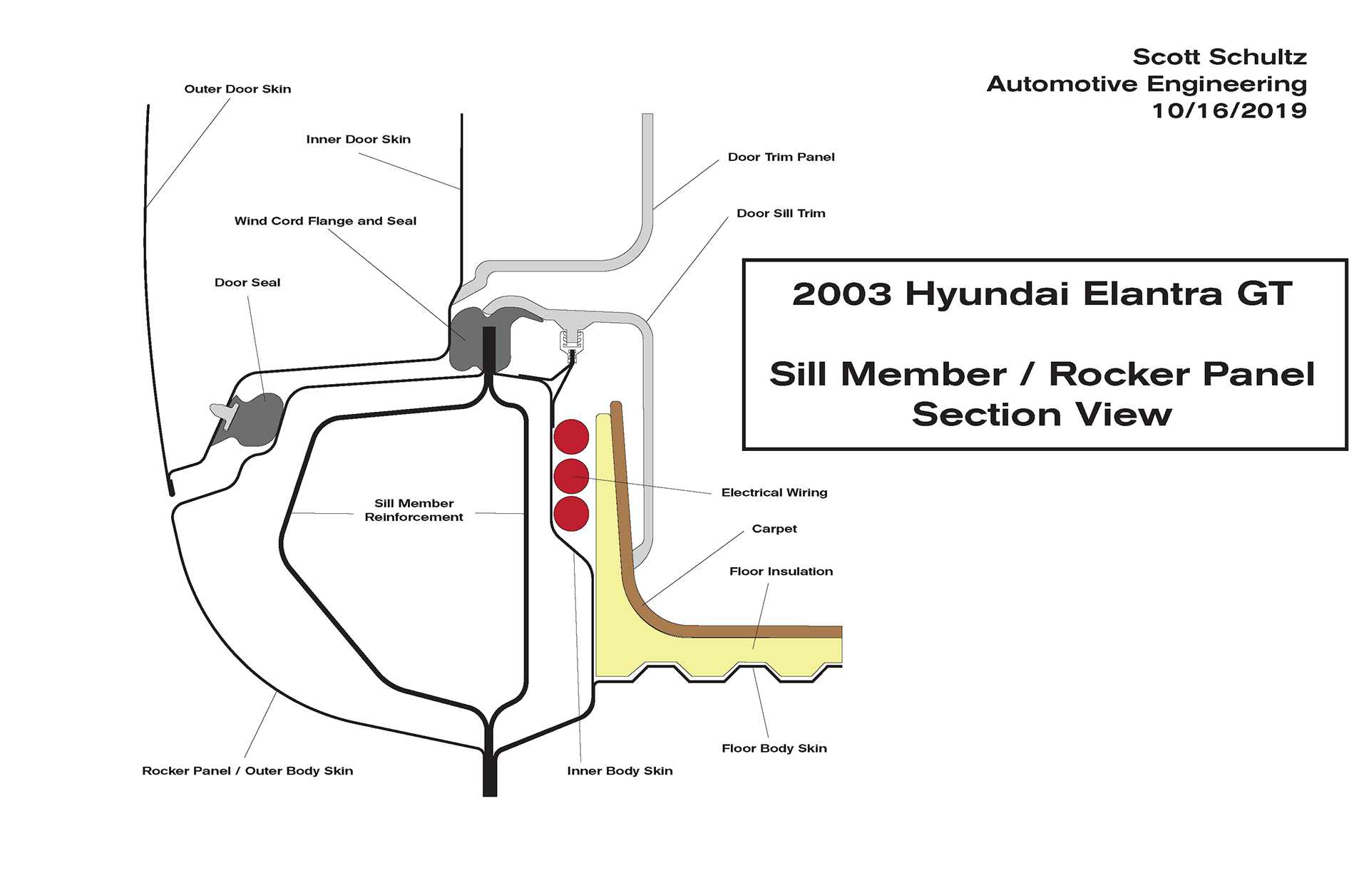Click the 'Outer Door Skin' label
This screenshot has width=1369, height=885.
[x=237, y=89]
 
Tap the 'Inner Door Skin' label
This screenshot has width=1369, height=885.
[x=358, y=140]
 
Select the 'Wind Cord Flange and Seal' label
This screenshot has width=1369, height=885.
[x=325, y=221]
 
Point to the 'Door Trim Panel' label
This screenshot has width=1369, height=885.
[x=781, y=157]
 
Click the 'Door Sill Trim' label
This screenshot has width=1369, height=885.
[x=781, y=213]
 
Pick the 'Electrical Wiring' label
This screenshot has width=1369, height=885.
[x=774, y=492]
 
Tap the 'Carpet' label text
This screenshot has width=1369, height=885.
[x=774, y=529]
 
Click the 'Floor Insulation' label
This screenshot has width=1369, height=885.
[x=781, y=571]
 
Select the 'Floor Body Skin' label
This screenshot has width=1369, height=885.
[x=774, y=748]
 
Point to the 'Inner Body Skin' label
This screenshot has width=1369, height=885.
[x=620, y=771]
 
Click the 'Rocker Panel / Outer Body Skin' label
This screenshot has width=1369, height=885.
[x=247, y=771]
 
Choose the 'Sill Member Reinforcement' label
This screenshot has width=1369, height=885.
[x=414, y=510]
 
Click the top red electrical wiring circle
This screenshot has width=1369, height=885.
[x=571, y=436]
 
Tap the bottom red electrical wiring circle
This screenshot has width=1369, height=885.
[x=571, y=514]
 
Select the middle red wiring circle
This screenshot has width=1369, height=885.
[x=571, y=475]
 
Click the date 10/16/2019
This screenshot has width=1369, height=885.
[x=1229, y=111]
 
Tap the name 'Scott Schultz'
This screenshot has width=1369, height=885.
[x=1219, y=57]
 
